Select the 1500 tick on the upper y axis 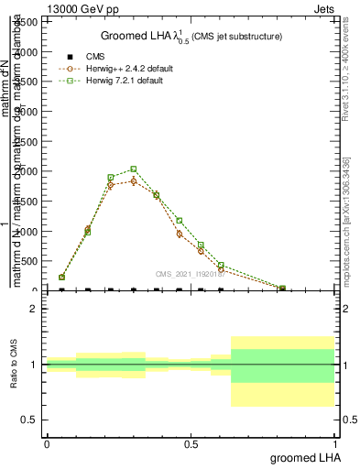[x=27, y=202]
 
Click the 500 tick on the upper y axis [x=30, y=261]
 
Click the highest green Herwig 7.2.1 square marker [x=134, y=169]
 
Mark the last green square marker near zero [x=282, y=289]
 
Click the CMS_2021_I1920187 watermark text [x=189, y=273]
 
